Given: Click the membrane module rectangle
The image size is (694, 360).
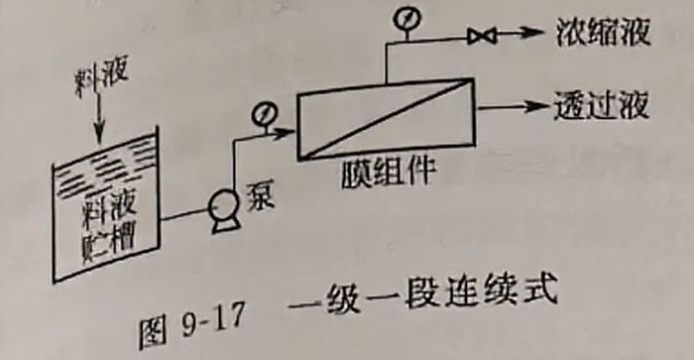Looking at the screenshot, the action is click(387, 120).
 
